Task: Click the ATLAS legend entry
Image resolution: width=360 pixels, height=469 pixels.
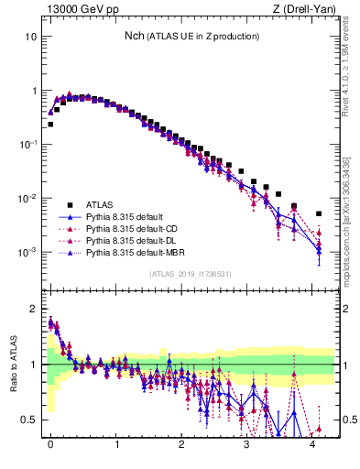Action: [x=101, y=204]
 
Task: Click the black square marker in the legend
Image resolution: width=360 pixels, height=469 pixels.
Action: [x=69, y=204]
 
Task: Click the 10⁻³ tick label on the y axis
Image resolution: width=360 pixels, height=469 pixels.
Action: [x=27, y=252]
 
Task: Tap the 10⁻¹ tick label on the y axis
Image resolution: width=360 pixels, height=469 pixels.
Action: [x=27, y=145]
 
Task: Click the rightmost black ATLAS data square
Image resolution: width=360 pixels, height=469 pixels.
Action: [x=319, y=213]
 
